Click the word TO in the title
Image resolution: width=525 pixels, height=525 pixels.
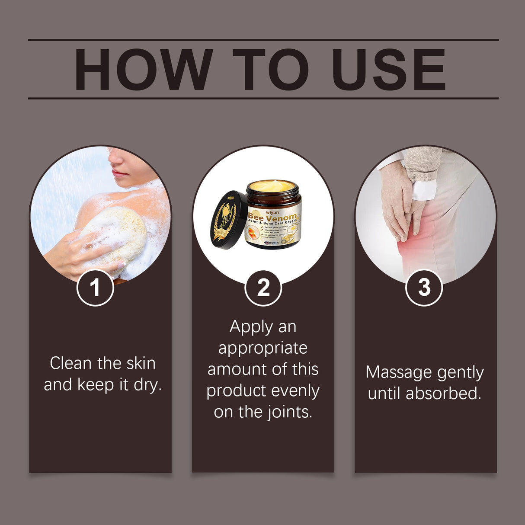271,70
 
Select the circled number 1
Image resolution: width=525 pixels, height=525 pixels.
95,288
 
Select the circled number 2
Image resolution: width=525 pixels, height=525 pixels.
263,288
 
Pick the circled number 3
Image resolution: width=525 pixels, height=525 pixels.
424,288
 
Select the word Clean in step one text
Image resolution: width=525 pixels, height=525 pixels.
70,363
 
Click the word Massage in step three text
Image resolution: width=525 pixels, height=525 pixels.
392,372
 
